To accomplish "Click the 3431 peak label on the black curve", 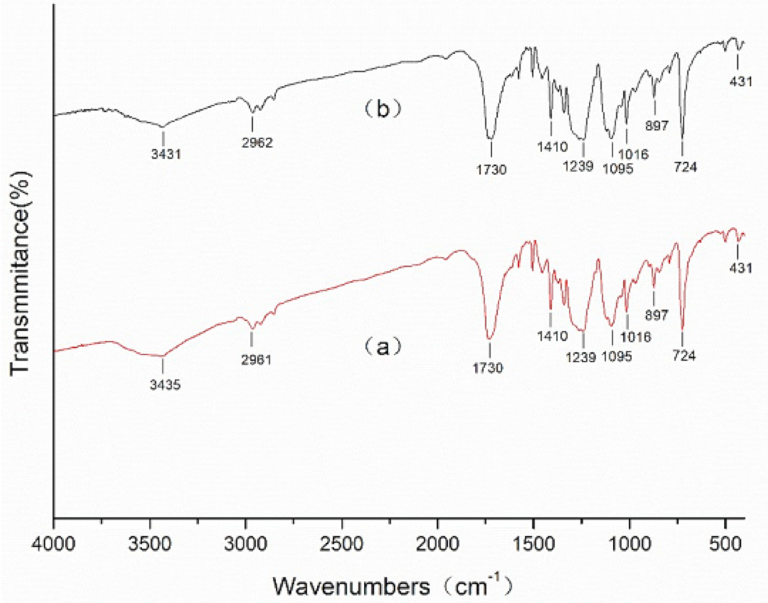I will click(x=166, y=154).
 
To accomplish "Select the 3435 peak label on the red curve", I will click(x=165, y=385).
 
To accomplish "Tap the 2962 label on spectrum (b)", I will click(x=257, y=142).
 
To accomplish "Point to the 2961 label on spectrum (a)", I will click(x=256, y=360).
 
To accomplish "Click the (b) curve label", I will click(x=383, y=109).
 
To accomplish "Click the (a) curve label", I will click(x=383, y=347).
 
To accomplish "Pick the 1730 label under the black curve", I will click(x=491, y=169).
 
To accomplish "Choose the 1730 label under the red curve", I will click(x=488, y=367).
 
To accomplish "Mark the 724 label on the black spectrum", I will click(x=685, y=167).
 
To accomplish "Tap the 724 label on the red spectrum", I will click(x=684, y=356).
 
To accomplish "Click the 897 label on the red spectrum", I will click(x=656, y=315).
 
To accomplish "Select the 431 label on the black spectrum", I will click(x=741, y=81).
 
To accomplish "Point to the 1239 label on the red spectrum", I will click(x=581, y=357).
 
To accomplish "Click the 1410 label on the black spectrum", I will click(x=552, y=147).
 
